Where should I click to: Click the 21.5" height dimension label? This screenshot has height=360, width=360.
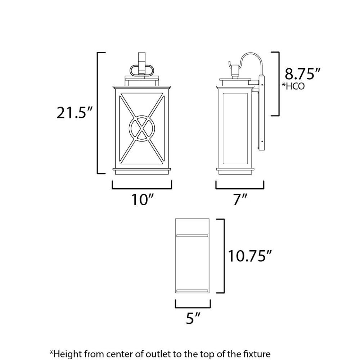click(75, 113)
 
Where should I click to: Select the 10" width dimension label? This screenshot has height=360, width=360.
click(142, 199)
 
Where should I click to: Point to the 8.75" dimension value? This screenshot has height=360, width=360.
click(302, 74)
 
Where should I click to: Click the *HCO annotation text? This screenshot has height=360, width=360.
click(293, 86)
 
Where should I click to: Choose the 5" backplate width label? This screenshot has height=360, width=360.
click(193, 318)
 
